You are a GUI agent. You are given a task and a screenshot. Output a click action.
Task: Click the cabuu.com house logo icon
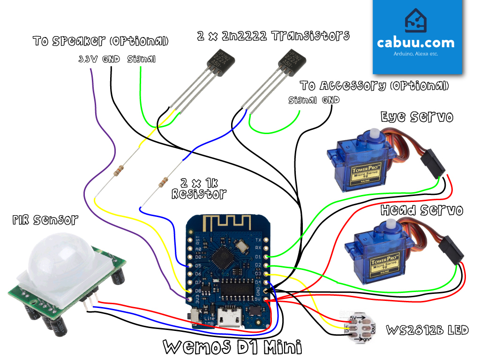415,22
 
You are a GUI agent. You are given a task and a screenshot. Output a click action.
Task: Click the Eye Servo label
417,116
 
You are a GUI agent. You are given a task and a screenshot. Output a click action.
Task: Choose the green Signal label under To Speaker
141,60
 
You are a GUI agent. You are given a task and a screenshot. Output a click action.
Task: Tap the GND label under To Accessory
330,100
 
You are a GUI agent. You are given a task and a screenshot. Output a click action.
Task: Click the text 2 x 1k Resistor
199,187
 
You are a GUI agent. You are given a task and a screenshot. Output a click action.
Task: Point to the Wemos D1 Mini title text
232,347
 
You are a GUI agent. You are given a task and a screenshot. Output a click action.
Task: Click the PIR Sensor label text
45,219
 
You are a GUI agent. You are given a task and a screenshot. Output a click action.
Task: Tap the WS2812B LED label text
427,330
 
